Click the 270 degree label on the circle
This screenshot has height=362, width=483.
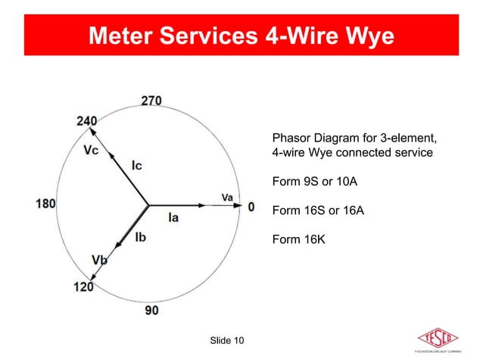click(x=150, y=101)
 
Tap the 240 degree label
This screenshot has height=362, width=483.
click(x=86, y=121)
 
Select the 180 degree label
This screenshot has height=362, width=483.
click(x=47, y=204)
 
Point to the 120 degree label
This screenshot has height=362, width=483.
click(x=83, y=287)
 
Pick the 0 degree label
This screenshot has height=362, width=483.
click(x=251, y=206)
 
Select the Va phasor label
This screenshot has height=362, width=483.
click(x=227, y=197)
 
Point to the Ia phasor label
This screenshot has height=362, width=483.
click(x=173, y=218)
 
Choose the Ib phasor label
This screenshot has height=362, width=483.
click(x=141, y=237)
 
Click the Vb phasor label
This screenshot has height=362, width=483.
click(x=99, y=261)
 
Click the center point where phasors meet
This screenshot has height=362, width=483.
click(x=148, y=204)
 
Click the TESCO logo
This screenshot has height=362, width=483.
click(x=438, y=338)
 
